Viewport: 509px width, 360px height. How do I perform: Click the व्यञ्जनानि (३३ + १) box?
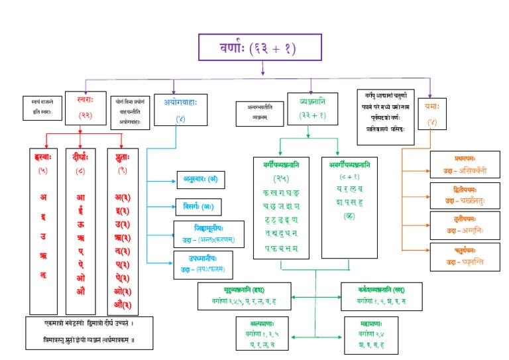[306, 107]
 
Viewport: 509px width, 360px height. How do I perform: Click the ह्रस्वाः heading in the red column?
[44, 158]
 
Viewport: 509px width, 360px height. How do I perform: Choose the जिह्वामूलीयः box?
[206, 232]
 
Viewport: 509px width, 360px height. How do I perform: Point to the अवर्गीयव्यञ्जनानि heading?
[349, 164]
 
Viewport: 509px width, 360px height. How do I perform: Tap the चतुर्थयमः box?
[465, 257]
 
